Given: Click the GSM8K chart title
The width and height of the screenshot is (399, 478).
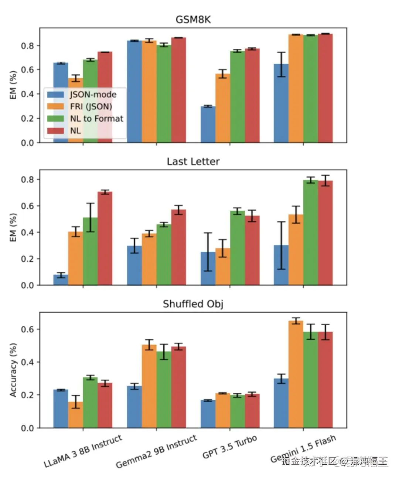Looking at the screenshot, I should point(193,20).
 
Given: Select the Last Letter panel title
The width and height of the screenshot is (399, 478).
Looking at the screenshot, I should point(193,162).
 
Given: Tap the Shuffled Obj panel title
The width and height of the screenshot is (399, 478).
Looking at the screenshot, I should point(193,304).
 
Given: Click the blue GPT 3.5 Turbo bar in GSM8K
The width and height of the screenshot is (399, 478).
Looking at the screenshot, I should point(208,125).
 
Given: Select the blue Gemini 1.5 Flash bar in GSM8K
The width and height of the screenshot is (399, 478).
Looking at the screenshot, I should point(281,104).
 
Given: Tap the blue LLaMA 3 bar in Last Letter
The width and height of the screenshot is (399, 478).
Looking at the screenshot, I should point(61,280).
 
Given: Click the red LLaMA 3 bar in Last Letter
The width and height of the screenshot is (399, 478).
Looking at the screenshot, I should point(105,238).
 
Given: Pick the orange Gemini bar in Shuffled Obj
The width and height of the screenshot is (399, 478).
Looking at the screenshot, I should point(296,374).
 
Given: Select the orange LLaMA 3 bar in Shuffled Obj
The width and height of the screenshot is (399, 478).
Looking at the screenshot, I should point(75,415).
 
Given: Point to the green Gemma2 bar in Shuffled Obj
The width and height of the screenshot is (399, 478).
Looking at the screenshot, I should point(164,390).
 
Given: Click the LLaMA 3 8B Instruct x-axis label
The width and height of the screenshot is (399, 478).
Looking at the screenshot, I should point(83,451).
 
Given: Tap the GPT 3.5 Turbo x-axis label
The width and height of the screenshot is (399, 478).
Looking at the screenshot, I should point(229,447).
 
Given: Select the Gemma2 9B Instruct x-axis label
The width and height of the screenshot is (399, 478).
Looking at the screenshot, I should point(156,452).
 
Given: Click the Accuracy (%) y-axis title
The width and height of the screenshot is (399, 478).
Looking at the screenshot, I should point(13,370).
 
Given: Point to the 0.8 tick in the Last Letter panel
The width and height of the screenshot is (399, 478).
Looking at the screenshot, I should point(28,180).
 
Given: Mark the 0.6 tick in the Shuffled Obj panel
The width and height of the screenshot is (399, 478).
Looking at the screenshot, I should point(28,329).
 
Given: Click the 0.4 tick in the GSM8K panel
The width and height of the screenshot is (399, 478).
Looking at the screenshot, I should point(28,94).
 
